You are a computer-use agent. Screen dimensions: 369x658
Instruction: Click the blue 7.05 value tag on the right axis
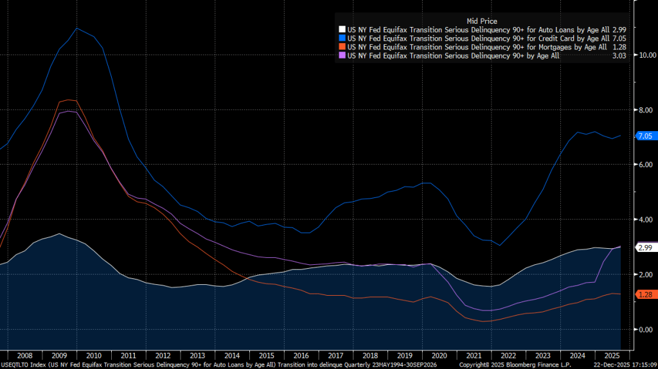pos(644,136)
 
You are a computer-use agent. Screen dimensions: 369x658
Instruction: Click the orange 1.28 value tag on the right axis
pos(644,294)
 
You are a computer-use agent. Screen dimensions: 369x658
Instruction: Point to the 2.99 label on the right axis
pos(645,248)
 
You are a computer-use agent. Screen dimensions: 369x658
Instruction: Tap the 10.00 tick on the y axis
pos(645,55)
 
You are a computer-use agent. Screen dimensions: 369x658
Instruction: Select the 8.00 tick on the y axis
pos(645,110)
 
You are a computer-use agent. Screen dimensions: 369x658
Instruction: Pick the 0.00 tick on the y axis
pos(645,330)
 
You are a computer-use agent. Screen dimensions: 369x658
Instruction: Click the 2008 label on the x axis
pos(25,355)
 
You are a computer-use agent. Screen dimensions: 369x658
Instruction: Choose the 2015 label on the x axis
pos(266,355)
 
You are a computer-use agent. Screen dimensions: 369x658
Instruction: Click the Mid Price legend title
pos(481,21)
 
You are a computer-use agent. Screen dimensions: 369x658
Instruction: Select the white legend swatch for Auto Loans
pos(342,30)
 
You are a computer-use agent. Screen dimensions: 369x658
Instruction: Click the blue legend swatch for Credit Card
pos(342,39)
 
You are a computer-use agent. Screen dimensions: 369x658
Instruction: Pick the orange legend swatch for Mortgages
pos(342,47)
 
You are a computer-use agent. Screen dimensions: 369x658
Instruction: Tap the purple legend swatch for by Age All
pos(342,56)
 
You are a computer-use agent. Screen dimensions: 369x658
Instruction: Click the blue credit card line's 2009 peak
pos(77,28)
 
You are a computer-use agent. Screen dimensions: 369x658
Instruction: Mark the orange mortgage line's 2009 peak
pos(68,100)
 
